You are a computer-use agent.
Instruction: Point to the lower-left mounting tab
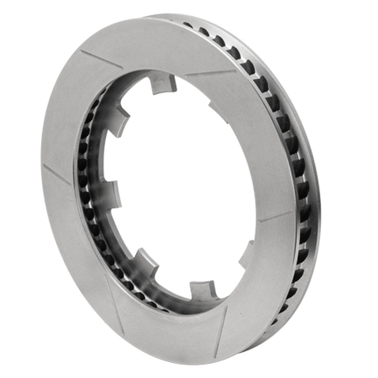tap(144, 260)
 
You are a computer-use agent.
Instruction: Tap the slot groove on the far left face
tap(56, 174)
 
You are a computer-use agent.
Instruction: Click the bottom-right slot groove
tap(221, 331)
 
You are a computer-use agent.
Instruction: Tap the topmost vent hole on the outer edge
tap(188, 25)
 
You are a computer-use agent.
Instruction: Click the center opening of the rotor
tap(184, 189)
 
